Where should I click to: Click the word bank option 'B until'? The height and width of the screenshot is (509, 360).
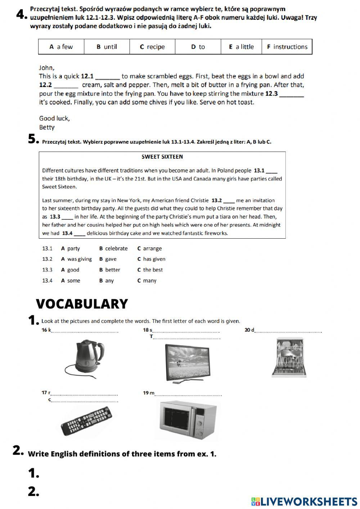pos(107,47)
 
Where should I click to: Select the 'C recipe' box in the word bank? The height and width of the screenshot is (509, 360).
pos(152,47)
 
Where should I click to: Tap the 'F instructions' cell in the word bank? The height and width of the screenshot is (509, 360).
pos(287,47)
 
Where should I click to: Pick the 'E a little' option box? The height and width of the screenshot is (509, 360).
pos(241,47)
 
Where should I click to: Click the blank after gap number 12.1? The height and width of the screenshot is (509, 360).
pos(108,77)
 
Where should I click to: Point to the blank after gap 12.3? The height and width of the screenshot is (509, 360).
pos(292,94)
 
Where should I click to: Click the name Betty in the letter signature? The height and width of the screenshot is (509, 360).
pos(47,127)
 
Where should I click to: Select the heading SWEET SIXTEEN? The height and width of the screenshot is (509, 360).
pos(162,157)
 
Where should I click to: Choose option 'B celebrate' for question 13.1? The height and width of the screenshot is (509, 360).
pos(113,249)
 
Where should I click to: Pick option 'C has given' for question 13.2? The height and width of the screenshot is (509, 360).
pos(151,259)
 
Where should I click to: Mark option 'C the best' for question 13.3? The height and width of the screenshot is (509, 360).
pos(150,270)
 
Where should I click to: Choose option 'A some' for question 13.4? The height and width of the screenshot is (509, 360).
pos(71,281)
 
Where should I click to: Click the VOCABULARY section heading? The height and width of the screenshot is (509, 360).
pos(82,304)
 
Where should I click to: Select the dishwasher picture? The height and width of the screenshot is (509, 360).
pos(289,357)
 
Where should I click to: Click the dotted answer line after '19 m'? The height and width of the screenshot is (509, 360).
pos(188,395)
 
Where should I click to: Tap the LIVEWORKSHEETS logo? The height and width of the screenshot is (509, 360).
pos(304,501)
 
